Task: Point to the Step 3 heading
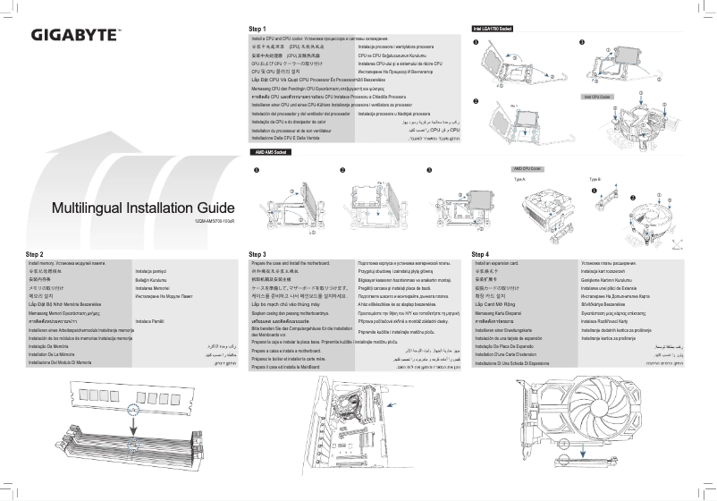click(x=258, y=254)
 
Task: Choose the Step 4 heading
click(x=481, y=254)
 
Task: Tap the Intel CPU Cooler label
click(x=596, y=96)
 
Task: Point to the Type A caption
click(x=519, y=179)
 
